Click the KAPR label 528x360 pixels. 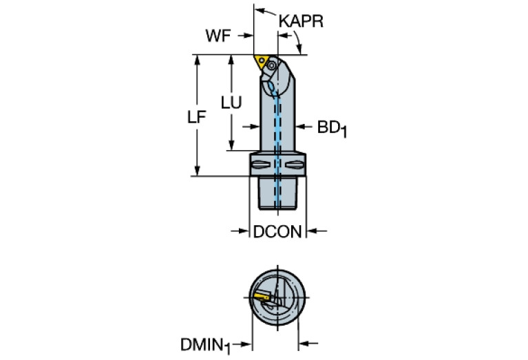(301, 21)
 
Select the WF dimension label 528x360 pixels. (218, 36)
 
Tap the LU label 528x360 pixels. (231, 103)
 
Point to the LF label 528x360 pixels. (197, 117)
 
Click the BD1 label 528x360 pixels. (332, 129)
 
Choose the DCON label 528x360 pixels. (277, 232)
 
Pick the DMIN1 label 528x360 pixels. (205, 346)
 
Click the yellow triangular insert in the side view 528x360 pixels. (260, 63)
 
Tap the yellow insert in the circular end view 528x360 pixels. (262, 296)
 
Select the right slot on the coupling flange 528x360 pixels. (295, 165)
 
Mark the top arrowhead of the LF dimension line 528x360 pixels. (198, 59)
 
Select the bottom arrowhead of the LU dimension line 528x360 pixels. (231, 145)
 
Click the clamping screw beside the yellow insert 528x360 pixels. (271, 66)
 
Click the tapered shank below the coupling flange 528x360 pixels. (277, 193)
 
